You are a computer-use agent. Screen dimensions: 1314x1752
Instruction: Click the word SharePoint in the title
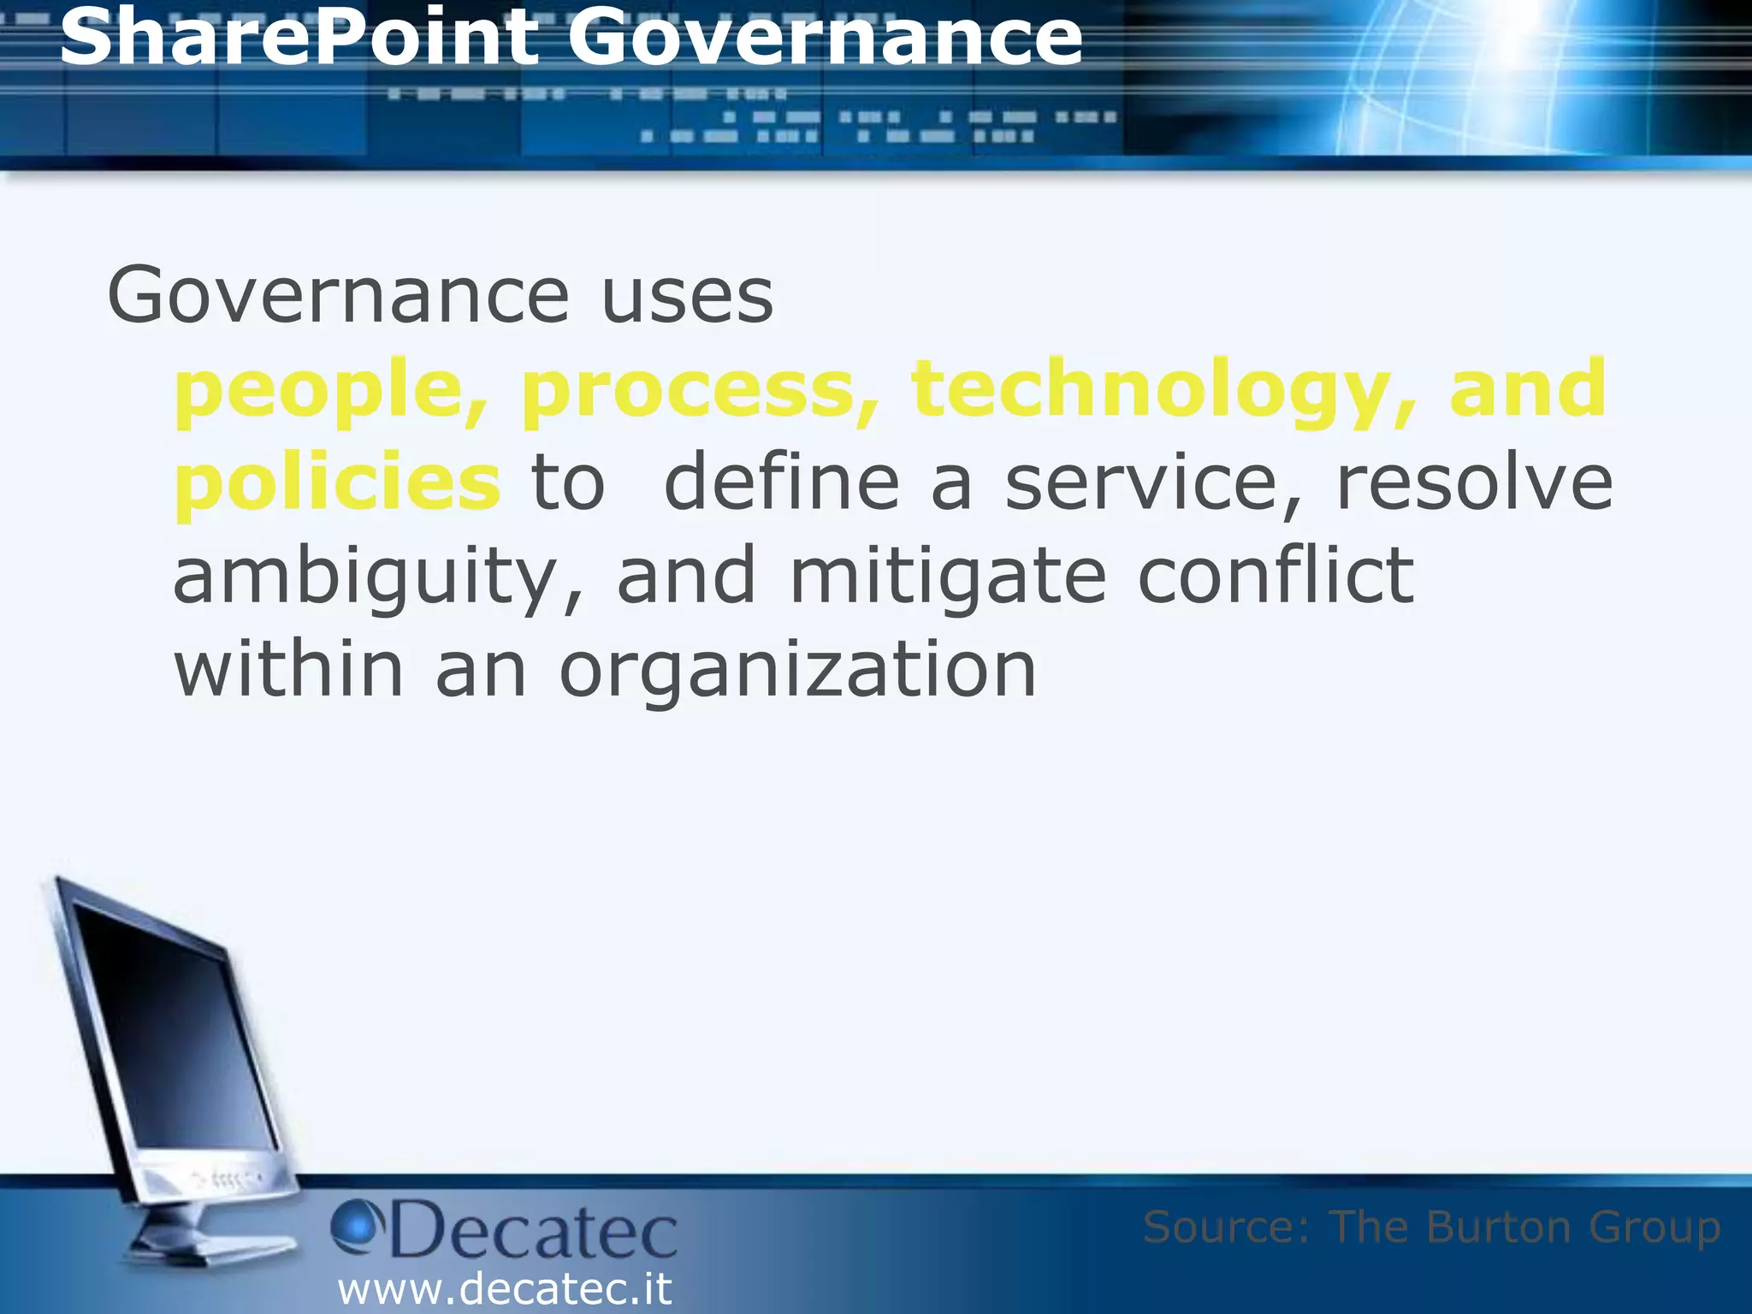pyautogui.click(x=299, y=38)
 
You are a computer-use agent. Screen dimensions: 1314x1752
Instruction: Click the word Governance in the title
pyautogui.click(x=826, y=38)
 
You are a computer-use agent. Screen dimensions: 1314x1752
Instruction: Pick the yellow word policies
pyautogui.click(x=337, y=483)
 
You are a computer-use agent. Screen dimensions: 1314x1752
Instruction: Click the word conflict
pyautogui.click(x=1276, y=577)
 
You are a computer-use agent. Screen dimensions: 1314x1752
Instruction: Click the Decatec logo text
pyautogui.click(x=534, y=1232)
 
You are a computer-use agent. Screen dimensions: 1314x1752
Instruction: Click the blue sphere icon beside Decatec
pyautogui.click(x=355, y=1224)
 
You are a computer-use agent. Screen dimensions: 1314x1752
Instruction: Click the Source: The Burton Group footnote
pyautogui.click(x=1431, y=1227)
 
